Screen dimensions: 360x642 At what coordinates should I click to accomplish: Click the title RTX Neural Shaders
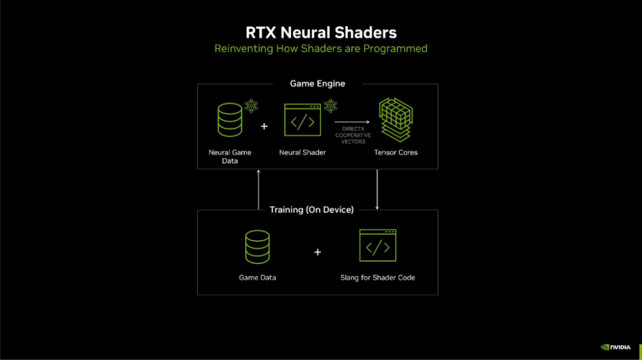click(320, 32)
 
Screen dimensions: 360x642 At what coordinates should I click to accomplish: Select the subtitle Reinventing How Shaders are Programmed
click(320, 48)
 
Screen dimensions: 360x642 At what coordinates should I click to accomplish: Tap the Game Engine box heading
click(317, 83)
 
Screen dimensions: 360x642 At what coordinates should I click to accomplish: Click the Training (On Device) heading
click(312, 209)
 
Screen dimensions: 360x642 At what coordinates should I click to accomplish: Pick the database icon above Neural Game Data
click(229, 120)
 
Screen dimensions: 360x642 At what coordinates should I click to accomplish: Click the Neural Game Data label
click(229, 156)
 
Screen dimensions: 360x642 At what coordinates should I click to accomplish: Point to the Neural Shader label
click(303, 152)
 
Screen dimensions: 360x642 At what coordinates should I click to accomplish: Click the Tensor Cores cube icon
click(396, 120)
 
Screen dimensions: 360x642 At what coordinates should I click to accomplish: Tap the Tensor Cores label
click(396, 152)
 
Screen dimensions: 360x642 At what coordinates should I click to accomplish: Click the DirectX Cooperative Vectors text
click(352, 135)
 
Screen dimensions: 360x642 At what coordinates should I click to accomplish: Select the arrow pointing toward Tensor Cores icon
click(352, 122)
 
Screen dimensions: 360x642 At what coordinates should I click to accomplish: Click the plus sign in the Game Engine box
click(264, 126)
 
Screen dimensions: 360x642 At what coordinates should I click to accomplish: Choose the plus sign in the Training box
click(317, 252)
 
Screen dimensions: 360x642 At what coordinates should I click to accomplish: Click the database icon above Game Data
click(257, 246)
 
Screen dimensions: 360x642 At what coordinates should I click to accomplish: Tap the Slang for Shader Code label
click(377, 277)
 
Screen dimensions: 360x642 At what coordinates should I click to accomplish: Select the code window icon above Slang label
click(377, 245)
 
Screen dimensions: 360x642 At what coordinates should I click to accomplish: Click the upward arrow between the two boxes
click(258, 189)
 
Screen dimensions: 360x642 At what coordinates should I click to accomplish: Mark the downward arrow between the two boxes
click(377, 189)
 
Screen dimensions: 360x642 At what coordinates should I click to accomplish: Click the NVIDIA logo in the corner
click(616, 346)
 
